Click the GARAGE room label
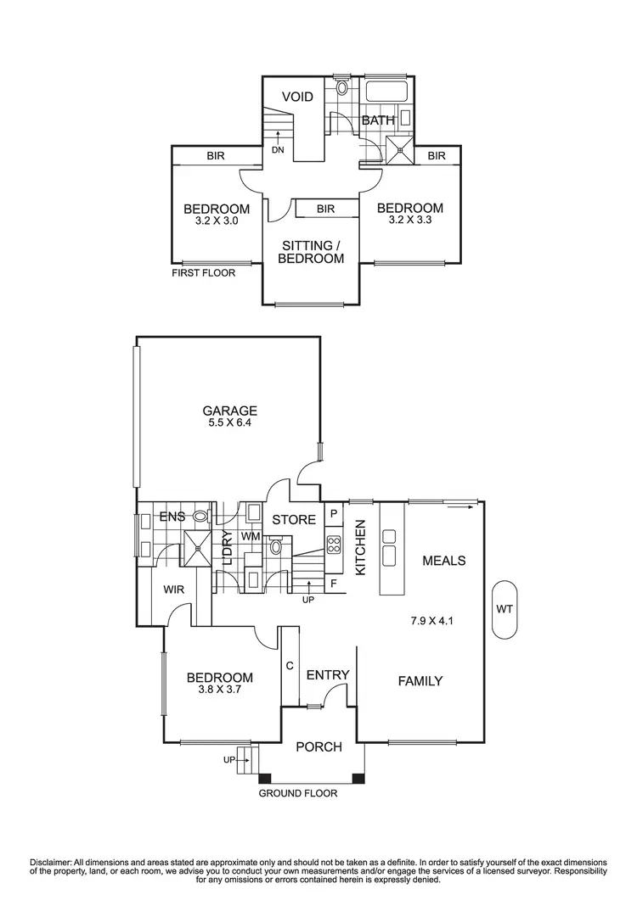[229, 411]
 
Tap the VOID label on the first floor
[298, 97]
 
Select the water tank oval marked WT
[505, 609]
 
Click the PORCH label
[318, 746]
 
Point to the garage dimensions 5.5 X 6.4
[229, 423]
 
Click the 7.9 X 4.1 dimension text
[431, 620]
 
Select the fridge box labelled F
[334, 584]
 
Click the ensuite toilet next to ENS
[201, 516]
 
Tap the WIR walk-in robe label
[173, 590]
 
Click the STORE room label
[294, 520]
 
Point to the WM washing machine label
[251, 536]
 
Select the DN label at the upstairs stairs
[279, 150]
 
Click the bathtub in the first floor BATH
[387, 92]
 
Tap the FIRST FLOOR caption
[204, 273]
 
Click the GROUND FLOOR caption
[298, 793]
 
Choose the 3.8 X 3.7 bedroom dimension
[219, 690]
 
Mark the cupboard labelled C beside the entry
[290, 666]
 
